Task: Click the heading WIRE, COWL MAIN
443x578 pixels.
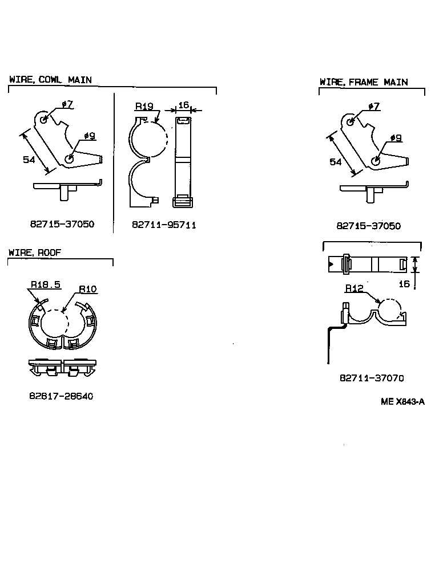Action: coord(50,80)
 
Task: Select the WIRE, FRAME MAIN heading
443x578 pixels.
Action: coord(364,82)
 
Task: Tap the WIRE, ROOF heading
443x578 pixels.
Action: coord(35,252)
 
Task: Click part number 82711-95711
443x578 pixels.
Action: coord(164,225)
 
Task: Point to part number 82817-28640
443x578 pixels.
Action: coord(61,396)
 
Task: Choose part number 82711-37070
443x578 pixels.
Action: coord(372,378)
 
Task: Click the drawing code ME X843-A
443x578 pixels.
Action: coord(402,401)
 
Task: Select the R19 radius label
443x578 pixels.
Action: coord(144,106)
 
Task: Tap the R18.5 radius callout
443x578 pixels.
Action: coord(46,284)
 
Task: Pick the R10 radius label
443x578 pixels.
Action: coord(87,289)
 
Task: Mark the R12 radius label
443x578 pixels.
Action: coord(355,288)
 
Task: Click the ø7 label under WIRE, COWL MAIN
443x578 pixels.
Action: coord(67,104)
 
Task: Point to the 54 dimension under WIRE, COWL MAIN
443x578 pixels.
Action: coord(29,160)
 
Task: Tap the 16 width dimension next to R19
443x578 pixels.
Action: coord(183,105)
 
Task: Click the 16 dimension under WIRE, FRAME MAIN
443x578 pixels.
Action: coord(404,283)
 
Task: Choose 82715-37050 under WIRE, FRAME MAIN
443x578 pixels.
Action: coord(368,226)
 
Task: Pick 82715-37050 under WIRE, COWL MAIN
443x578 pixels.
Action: coord(62,224)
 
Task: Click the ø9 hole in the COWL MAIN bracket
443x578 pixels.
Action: coord(69,160)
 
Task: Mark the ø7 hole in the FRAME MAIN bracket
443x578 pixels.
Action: coord(351,121)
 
